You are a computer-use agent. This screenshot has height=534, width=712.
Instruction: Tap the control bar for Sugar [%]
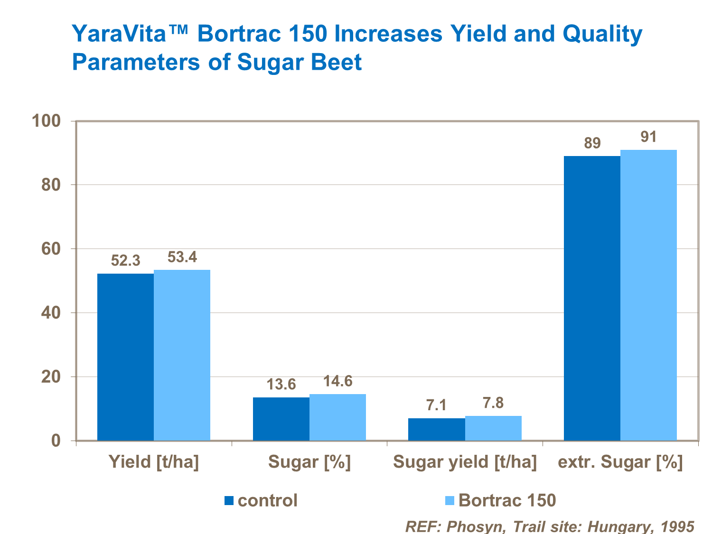point(281,419)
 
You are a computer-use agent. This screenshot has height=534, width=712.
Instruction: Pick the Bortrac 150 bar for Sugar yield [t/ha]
point(493,428)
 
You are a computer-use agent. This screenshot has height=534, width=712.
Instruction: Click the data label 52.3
point(125,260)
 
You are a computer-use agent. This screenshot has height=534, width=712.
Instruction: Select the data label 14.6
point(337,381)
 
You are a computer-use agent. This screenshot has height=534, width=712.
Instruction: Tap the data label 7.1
point(436,405)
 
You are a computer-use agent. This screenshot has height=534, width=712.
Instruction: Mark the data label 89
point(592,143)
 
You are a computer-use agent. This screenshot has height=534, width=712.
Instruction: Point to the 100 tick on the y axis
point(47,121)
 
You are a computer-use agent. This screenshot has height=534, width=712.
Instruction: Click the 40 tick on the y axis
point(51,313)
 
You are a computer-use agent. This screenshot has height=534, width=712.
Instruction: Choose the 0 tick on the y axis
point(56,441)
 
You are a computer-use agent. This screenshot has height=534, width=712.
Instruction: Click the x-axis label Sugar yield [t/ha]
point(465,462)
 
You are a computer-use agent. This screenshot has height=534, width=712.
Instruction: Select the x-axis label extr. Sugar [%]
point(620,462)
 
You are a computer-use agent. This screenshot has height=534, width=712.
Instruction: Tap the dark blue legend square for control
point(229,500)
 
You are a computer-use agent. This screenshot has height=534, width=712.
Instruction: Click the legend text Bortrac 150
point(507,500)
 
